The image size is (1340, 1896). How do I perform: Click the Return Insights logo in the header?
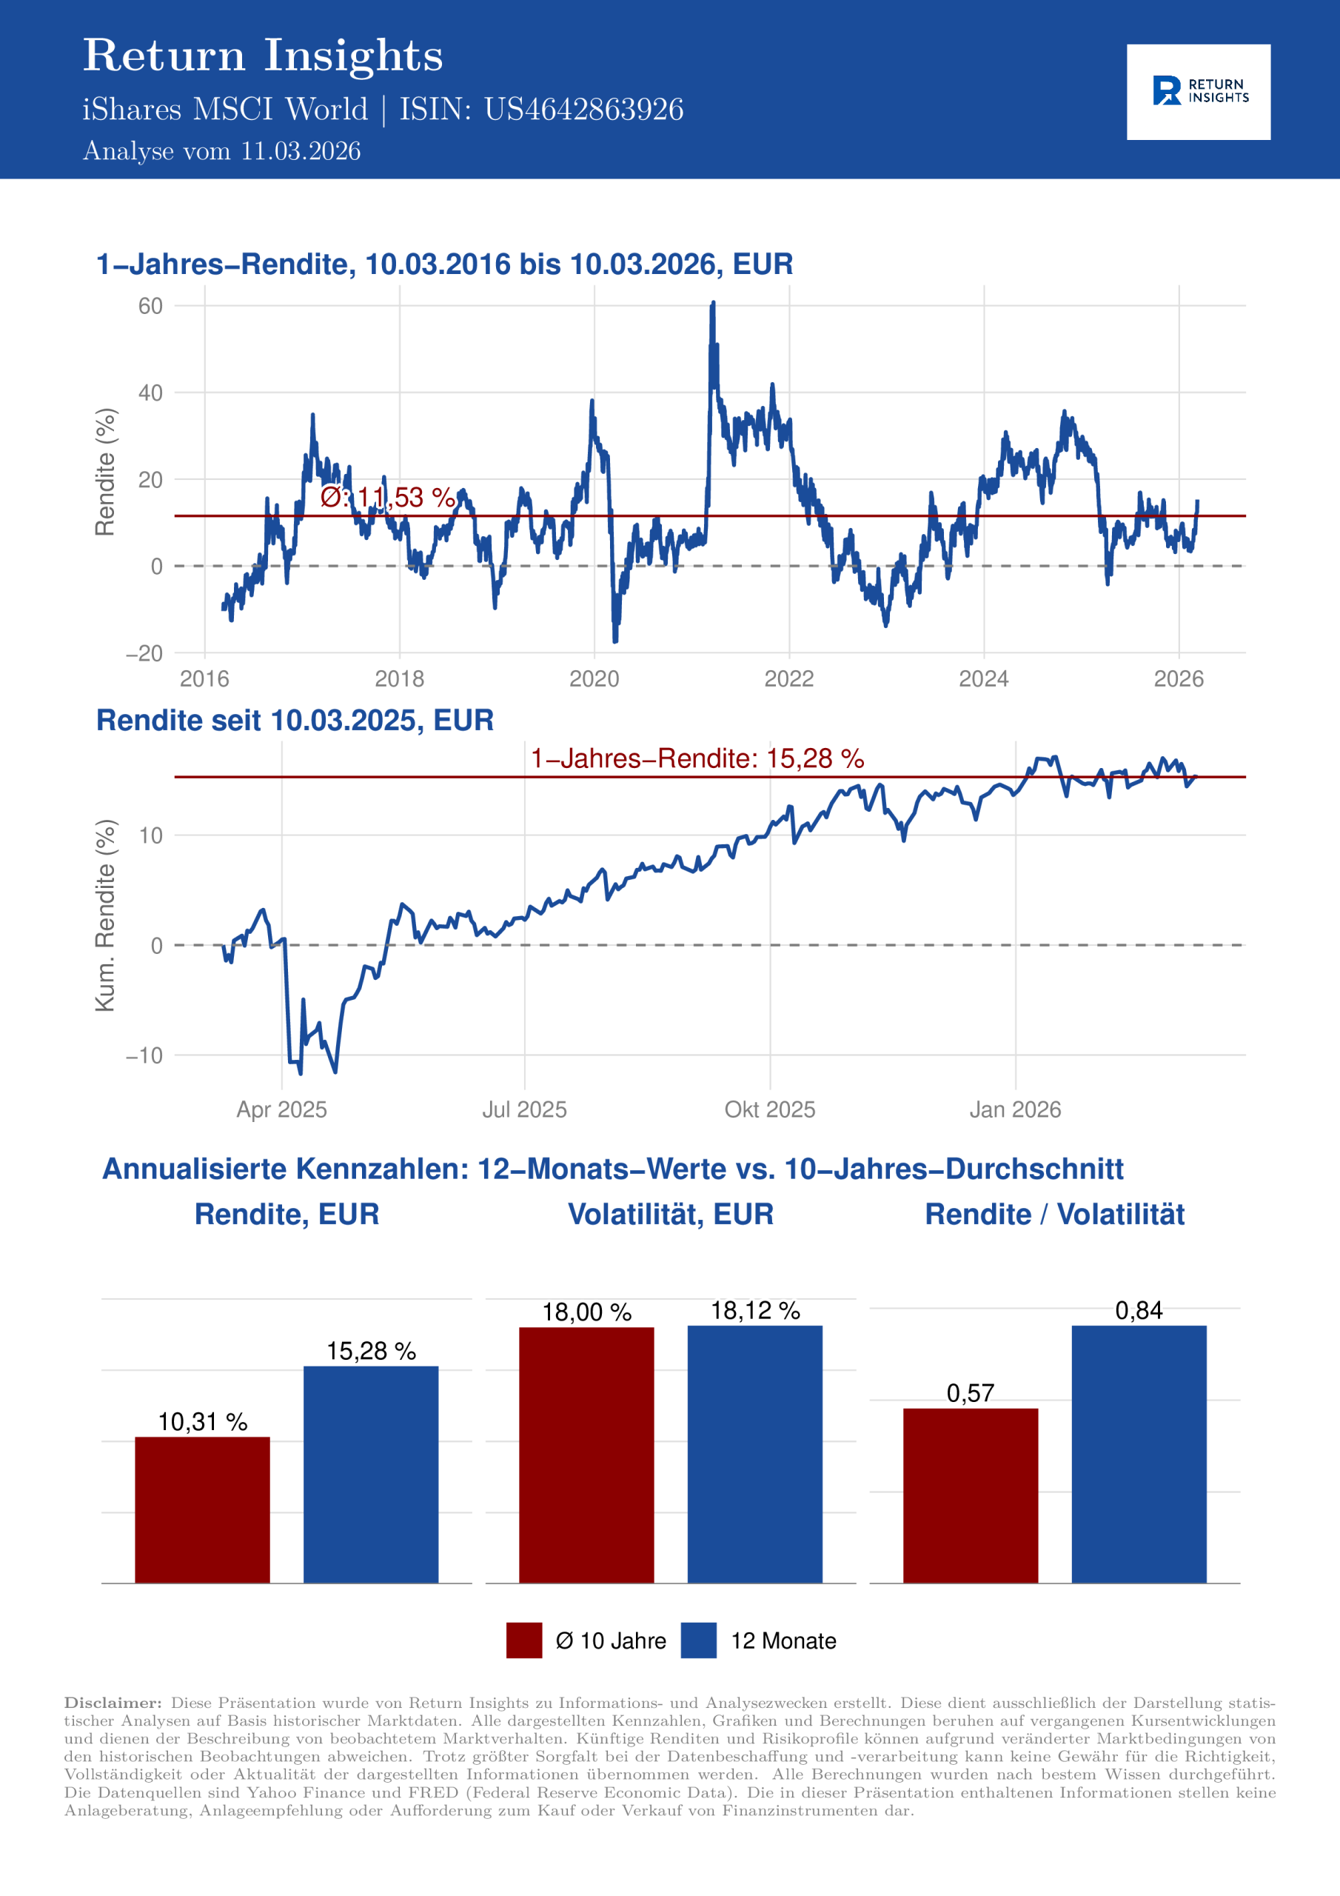point(1198,92)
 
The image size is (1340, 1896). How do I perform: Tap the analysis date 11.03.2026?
point(301,151)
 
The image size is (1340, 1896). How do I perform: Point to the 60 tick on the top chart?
point(150,307)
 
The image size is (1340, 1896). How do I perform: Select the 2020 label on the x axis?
point(594,679)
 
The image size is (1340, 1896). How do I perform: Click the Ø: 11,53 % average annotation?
point(387,497)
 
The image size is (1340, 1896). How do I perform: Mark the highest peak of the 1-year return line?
point(712,304)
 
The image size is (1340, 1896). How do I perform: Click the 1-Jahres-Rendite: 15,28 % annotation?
point(697,758)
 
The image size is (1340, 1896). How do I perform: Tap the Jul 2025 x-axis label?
point(524,1109)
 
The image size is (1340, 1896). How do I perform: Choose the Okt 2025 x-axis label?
point(769,1109)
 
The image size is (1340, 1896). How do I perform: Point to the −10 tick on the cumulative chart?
point(144,1055)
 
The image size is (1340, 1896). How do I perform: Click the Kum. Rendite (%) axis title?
point(105,915)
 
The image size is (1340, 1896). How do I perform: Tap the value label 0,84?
point(1139,1310)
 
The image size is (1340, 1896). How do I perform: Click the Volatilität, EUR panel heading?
point(671,1214)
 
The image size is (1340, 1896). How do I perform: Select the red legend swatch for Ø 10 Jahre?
point(524,1640)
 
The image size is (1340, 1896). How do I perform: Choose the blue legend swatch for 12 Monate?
point(698,1640)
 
